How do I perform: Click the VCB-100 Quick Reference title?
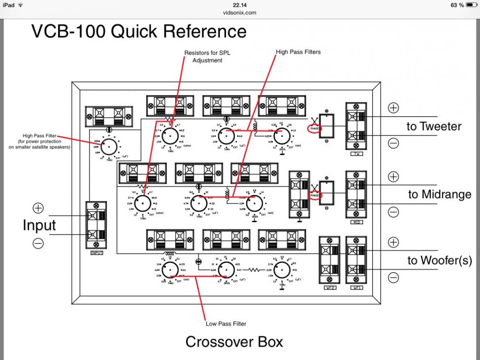pos(139,31)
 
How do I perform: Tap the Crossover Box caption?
pos(234,341)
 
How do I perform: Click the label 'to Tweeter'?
pos(434,127)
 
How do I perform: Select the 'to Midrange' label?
pos(440,195)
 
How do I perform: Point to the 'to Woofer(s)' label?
pos(439,261)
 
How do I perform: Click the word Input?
pos(39,226)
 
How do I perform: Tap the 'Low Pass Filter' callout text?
pos(226,324)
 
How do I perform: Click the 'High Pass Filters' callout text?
pos(298,52)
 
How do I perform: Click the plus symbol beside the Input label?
pos(38,208)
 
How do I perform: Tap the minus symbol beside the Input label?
pos(38,243)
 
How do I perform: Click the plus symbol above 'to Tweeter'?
pos(393,108)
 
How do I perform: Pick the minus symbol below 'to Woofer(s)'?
pos(393,278)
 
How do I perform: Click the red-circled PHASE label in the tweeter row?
pos(316,129)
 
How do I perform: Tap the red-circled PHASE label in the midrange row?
pos(316,196)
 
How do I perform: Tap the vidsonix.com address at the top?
pos(240,13)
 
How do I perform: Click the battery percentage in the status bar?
pos(457,5)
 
